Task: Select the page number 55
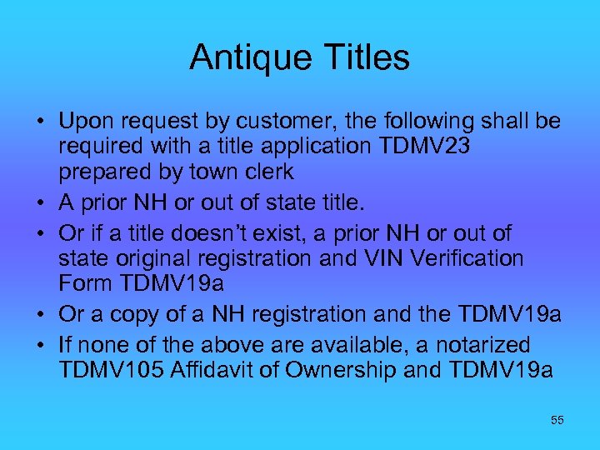(557, 421)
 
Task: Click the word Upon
(83, 122)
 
